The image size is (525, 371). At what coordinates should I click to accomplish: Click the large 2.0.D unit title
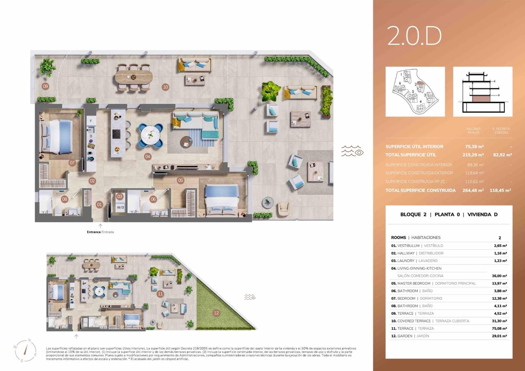click(x=414, y=36)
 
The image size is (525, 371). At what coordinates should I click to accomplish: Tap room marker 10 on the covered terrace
click(x=165, y=87)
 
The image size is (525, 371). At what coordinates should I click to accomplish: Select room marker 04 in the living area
click(x=148, y=157)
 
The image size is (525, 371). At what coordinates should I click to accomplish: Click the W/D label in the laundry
click(x=120, y=207)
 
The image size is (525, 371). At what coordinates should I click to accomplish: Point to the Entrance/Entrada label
click(x=100, y=232)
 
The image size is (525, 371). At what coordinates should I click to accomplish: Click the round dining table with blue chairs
click(x=151, y=135)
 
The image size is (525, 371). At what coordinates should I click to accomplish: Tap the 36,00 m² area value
click(x=499, y=276)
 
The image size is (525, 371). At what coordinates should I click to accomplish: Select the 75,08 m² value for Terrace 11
click(x=499, y=328)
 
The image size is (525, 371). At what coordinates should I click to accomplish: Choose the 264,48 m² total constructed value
click(x=473, y=190)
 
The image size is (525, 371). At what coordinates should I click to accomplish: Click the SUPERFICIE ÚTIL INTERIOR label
click(x=414, y=147)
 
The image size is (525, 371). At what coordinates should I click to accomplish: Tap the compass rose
click(x=26, y=350)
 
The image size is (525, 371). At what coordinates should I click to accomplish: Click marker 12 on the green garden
click(x=216, y=313)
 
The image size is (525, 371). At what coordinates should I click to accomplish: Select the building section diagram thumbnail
click(x=482, y=92)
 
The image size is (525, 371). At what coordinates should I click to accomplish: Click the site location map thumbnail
click(x=415, y=92)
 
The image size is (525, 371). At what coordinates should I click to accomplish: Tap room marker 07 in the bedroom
click(x=72, y=163)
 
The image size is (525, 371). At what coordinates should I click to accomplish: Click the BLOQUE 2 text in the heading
click(x=413, y=214)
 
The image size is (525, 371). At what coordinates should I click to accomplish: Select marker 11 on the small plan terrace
click(x=160, y=294)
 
